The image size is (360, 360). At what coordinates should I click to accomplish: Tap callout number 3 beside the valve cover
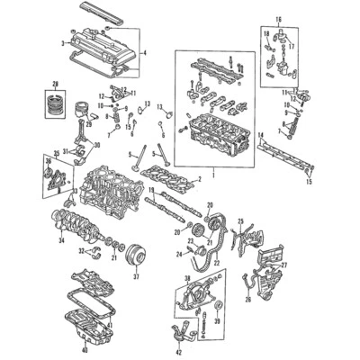62,42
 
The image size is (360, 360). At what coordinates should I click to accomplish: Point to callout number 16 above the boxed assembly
278,19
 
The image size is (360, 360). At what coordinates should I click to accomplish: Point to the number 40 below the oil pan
84,350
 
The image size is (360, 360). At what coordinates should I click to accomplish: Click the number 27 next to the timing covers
285,265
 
